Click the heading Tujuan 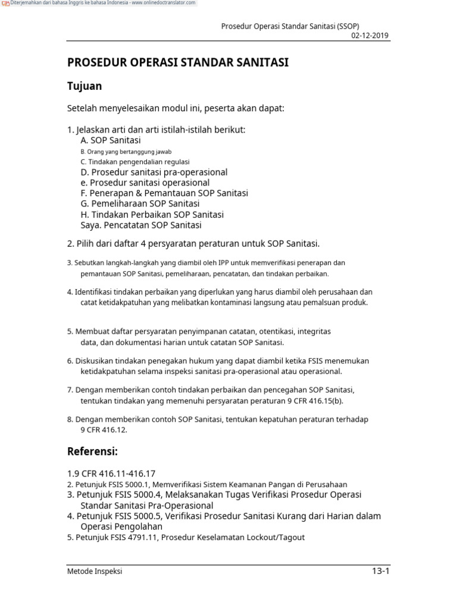[x=84, y=86]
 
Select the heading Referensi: [x=92, y=452]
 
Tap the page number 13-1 [x=380, y=572]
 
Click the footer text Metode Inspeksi [x=95, y=572]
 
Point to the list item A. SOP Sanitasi [x=111, y=140]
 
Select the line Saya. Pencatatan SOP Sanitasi [x=141, y=225]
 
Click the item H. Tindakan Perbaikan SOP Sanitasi [x=152, y=215]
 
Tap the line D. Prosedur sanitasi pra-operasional [x=154, y=172]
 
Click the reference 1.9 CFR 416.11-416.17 [x=111, y=473]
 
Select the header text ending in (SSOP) [x=290, y=26]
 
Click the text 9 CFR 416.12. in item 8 [x=104, y=429]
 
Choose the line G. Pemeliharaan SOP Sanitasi [x=140, y=204]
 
